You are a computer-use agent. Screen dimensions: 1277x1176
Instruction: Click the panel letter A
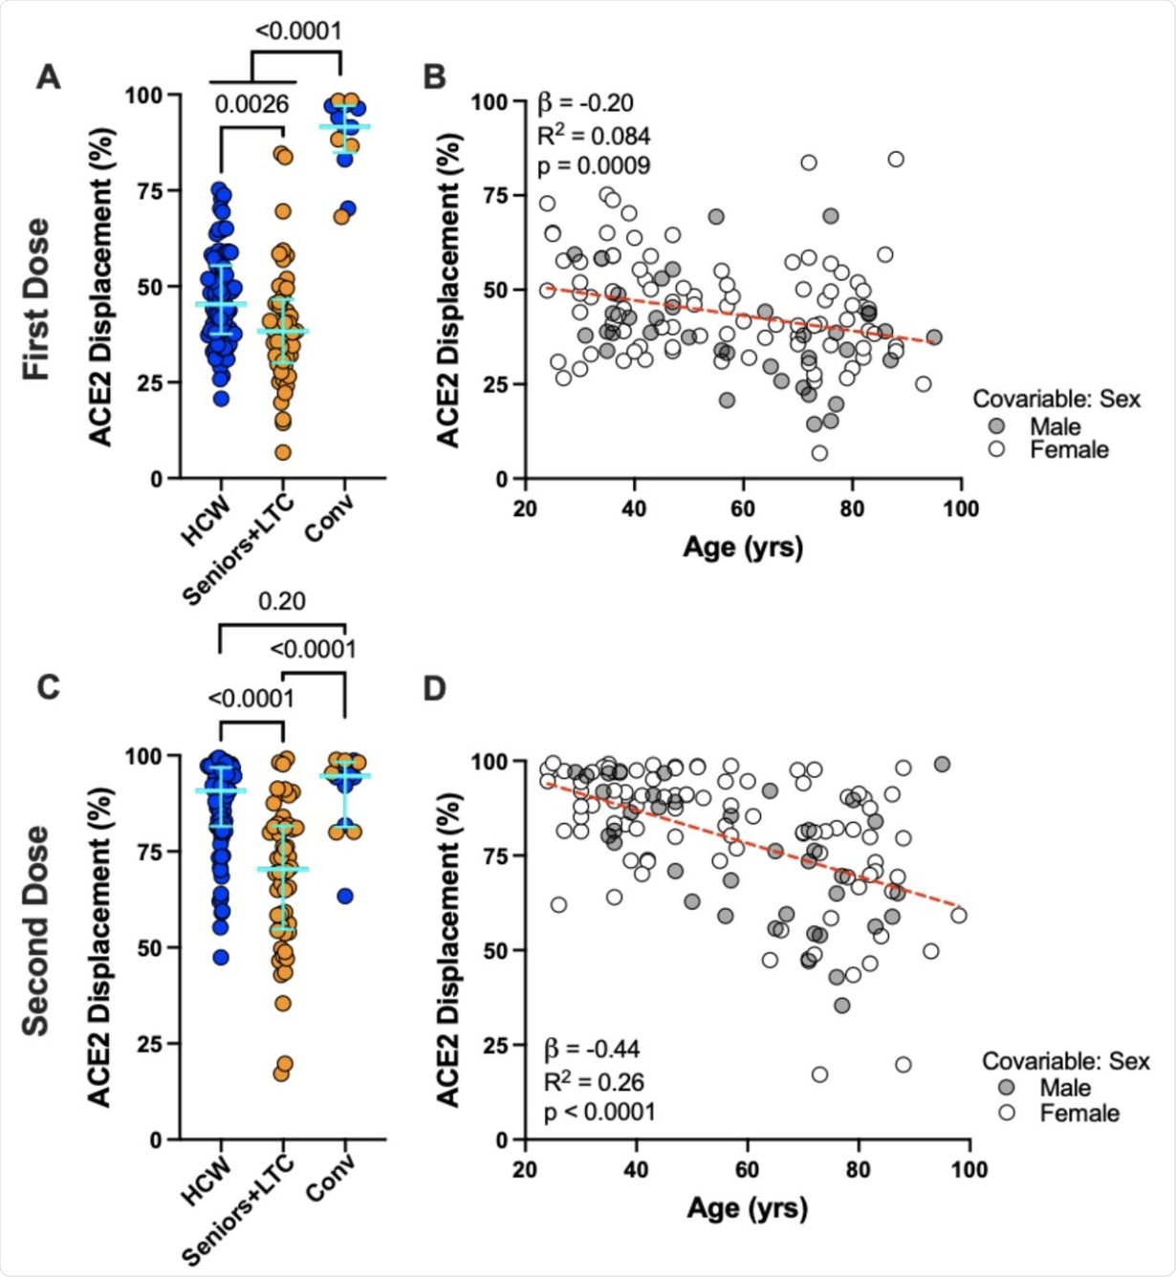pos(48,76)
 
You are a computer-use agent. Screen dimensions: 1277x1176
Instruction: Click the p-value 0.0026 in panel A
pos(251,104)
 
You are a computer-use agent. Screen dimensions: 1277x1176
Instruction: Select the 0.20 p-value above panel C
pos(282,601)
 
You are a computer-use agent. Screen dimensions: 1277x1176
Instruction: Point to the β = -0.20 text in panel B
pos(585,102)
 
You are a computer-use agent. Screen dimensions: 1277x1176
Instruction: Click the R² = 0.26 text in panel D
pos(594,1082)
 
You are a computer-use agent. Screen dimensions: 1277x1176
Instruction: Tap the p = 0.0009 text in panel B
pos(594,165)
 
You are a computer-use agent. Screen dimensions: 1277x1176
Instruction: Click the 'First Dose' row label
pos(36,298)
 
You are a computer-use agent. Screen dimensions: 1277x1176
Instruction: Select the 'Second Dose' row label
pos(36,930)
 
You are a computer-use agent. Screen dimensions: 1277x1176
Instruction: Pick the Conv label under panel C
pos(331,1177)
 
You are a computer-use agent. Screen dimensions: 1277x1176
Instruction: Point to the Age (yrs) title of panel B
pos(743,547)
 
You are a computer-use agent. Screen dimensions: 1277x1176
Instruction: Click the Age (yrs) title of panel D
pos(747,1208)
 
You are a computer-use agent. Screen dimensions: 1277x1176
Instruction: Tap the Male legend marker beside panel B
pos(997,426)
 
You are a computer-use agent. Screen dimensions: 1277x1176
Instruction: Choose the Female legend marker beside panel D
pos(1007,1113)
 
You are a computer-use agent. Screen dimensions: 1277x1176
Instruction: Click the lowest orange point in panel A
pos(283,452)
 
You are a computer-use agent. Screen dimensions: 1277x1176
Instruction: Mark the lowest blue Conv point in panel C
pos(345,896)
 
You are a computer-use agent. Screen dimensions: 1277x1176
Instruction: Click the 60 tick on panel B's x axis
pos(743,508)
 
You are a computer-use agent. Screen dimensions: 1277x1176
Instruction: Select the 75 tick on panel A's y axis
pos(148,190)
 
